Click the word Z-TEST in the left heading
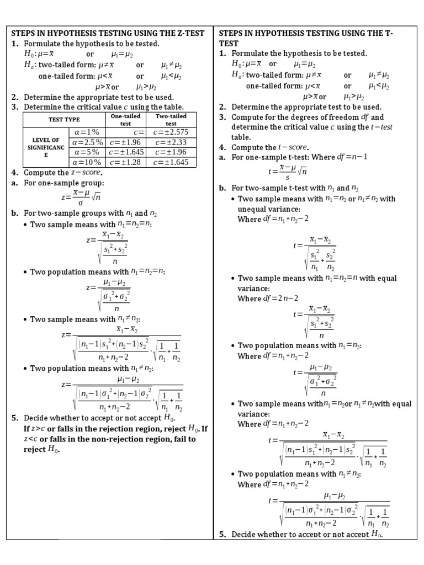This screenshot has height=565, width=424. pos(193,33)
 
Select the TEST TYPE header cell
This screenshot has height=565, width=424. pos(64,120)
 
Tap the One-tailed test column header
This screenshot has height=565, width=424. pos(126,120)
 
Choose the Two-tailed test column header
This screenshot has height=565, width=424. pos(171,120)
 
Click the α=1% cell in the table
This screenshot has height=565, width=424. pos(87,132)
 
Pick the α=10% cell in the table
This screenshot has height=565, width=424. pos(87,162)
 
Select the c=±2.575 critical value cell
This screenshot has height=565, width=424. pos(171,132)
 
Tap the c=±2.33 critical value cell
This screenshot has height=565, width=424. pos(171,142)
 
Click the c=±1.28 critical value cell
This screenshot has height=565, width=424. pos(126,162)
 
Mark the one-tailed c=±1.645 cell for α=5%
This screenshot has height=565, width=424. pos(126,152)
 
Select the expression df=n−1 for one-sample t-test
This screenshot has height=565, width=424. pos(352,157)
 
